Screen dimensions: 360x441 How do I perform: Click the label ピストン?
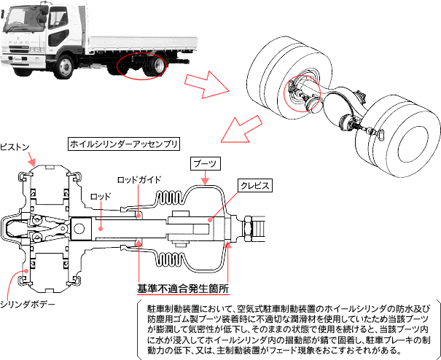pos(14,146)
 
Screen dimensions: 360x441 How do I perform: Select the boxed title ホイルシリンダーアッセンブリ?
pos(123,144)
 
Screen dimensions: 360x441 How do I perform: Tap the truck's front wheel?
pos(66,68)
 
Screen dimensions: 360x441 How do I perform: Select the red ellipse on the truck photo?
pos(146,66)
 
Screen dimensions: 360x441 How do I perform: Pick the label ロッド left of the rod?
pos(100,197)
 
